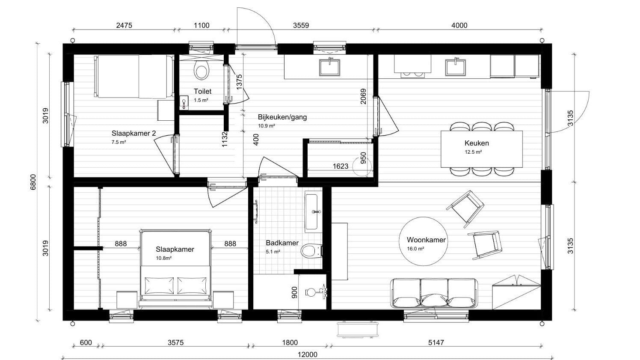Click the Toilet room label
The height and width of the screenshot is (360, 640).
click(203, 92)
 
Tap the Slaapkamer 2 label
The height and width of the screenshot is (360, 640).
click(134, 133)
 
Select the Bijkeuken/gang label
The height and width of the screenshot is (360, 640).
click(282, 117)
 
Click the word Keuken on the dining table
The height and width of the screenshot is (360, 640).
click(477, 143)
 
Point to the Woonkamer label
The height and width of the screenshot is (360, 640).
click(426, 240)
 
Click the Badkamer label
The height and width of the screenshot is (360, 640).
click(282, 243)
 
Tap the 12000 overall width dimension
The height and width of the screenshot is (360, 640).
click(308, 354)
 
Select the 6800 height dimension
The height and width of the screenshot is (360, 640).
click(33, 182)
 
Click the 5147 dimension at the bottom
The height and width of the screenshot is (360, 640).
click(436, 342)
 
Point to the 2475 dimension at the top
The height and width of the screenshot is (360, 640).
click(124, 25)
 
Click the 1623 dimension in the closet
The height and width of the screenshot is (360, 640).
click(341, 166)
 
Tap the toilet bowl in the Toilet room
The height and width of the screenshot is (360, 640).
click(201, 69)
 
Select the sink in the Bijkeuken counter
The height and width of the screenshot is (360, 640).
click(330, 67)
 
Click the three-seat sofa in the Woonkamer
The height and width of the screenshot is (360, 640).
click(434, 293)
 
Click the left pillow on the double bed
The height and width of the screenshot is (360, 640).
click(159, 286)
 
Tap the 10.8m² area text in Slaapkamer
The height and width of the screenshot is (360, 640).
click(164, 258)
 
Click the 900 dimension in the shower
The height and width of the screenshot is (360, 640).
click(295, 292)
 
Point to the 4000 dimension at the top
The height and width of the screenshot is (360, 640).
click(459, 25)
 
